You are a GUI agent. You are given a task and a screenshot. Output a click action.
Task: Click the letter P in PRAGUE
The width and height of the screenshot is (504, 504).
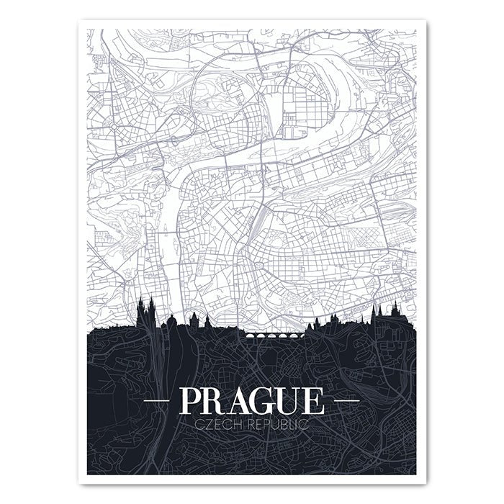point(192,400)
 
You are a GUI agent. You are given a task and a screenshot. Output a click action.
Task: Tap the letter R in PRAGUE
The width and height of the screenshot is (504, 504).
point(218,400)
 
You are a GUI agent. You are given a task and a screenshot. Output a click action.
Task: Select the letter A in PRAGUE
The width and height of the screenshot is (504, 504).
point(245,400)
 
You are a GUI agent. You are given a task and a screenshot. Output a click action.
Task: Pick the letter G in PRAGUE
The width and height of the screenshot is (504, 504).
point(271,400)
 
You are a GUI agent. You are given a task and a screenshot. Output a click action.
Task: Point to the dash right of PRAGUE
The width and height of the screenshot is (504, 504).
point(345,398)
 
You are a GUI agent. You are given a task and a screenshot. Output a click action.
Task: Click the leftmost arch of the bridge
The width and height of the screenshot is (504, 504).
point(250,336)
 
